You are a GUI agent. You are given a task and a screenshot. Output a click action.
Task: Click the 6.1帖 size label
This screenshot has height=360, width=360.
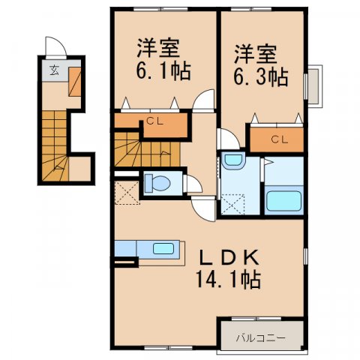(162, 71)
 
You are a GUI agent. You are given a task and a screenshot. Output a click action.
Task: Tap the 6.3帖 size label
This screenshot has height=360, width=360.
(258, 76)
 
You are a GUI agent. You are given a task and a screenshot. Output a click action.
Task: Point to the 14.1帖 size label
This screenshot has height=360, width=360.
(229, 281)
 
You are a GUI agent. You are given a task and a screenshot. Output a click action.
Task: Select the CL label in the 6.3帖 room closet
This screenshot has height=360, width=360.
(278, 139)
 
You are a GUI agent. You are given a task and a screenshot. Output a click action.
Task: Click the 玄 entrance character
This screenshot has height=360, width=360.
(55, 72)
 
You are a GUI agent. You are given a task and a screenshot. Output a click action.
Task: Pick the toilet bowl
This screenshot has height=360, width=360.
(157, 182)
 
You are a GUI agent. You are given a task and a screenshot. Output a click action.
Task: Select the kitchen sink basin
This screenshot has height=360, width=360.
(160, 248)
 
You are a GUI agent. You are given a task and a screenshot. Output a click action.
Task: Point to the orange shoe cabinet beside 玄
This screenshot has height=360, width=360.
(75, 79)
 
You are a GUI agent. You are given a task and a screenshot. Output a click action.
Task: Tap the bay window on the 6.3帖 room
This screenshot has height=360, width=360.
(314, 87)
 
